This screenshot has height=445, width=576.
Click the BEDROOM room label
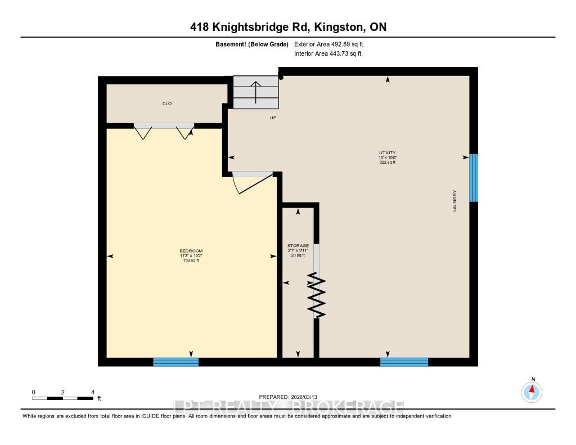(x=191, y=251)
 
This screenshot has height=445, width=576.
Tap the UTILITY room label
(x=388, y=152)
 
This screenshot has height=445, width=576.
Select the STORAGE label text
(x=298, y=246)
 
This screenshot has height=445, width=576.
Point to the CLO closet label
(x=167, y=104)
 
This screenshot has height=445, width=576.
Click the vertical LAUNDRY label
(x=454, y=201)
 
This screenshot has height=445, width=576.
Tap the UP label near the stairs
(x=273, y=118)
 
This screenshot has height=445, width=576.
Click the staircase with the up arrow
(x=256, y=92)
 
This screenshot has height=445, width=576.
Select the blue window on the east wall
(x=474, y=178)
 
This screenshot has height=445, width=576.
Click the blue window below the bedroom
(x=176, y=362)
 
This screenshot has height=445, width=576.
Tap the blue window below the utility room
(x=404, y=362)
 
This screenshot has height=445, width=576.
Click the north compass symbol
(x=532, y=391)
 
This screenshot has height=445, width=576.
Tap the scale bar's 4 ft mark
(x=93, y=392)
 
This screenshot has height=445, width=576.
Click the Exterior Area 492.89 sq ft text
(x=332, y=44)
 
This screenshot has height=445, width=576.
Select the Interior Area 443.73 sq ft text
(x=327, y=54)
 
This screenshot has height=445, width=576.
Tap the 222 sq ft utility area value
(x=388, y=162)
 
